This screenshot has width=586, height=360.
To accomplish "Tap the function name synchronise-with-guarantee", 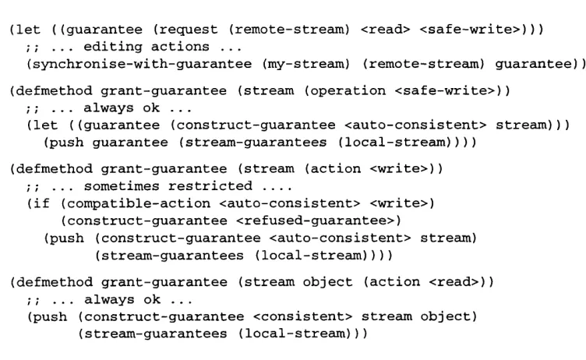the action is tap(143, 64).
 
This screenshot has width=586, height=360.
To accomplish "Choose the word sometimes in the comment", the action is tap(122, 185).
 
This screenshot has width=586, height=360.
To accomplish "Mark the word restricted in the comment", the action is tap(210, 185).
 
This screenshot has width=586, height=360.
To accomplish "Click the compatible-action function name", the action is tap(138, 203).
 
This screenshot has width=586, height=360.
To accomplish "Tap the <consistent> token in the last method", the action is tap(302, 316).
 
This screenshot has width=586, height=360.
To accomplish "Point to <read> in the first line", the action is tap(385, 30).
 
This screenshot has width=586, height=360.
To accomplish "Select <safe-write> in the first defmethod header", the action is tap(445, 91).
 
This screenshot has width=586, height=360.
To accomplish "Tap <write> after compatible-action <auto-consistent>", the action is tap(399, 203).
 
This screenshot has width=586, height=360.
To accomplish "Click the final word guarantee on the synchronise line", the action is tap(533, 64).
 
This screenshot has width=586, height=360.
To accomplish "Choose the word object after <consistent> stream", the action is tap(445, 316).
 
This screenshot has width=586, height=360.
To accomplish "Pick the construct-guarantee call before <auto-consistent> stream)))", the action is tap(256, 125).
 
